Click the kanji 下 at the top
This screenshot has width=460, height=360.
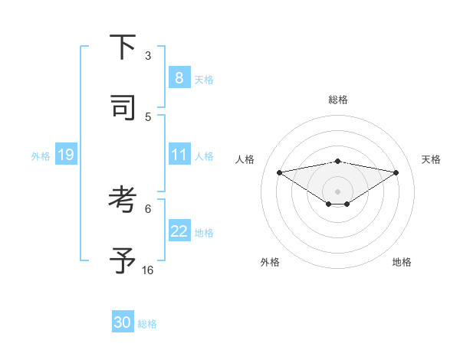(x=123, y=47)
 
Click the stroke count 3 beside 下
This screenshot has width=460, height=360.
(x=148, y=56)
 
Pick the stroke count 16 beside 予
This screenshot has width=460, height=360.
(x=148, y=270)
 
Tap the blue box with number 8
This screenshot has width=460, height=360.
(x=179, y=77)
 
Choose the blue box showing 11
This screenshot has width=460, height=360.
(x=179, y=155)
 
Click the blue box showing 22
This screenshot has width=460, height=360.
(x=179, y=231)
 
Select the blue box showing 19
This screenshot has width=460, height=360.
(x=65, y=155)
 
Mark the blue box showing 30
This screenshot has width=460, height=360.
(x=123, y=322)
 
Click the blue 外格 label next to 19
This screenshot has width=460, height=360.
(x=41, y=156)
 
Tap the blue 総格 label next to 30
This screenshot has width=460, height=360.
(x=147, y=324)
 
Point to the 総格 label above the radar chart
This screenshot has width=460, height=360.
(x=338, y=100)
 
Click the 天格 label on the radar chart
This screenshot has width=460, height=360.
(x=432, y=159)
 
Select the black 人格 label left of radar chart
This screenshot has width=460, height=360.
(x=245, y=159)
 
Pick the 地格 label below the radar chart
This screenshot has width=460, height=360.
(x=402, y=262)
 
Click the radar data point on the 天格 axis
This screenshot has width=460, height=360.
(x=396, y=172)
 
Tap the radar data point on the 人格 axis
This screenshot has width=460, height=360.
(x=280, y=172)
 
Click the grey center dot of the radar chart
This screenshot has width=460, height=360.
(x=338, y=191)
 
